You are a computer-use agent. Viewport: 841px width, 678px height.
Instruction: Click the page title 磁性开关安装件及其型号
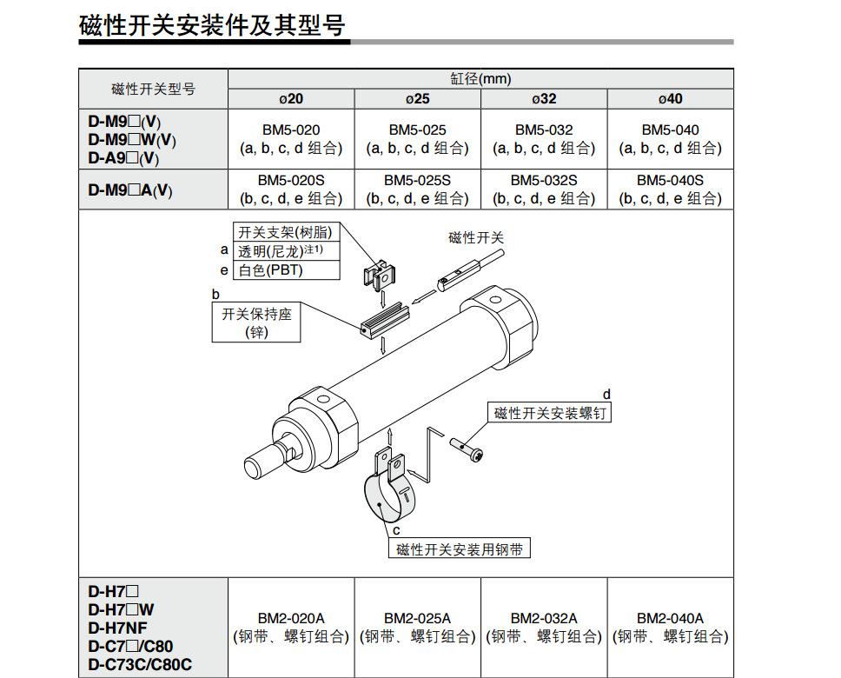coord(212,25)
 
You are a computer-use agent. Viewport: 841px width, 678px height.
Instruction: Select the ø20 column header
coord(291,98)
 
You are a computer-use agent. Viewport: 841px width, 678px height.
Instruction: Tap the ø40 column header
coord(670,98)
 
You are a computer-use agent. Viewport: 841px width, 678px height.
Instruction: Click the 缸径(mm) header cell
coord(480,79)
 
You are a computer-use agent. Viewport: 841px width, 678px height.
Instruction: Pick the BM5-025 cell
coord(417,130)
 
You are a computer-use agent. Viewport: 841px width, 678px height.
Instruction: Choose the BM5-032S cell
coord(544,180)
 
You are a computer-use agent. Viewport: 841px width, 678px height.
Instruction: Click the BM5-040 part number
coord(670,130)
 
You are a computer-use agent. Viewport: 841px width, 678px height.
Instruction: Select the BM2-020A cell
coord(291,617)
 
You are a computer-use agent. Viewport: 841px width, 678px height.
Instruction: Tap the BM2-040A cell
coord(670,617)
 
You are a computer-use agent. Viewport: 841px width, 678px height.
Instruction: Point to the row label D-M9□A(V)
coord(130,190)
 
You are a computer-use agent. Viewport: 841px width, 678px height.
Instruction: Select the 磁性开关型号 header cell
coord(153,89)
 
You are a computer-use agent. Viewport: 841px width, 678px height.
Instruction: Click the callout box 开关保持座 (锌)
coord(257,322)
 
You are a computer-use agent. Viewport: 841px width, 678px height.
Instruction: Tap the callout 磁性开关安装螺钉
coord(550,413)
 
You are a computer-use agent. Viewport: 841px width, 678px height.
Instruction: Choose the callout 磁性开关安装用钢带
coord(460,549)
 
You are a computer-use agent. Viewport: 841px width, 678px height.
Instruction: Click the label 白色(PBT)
coord(275,270)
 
